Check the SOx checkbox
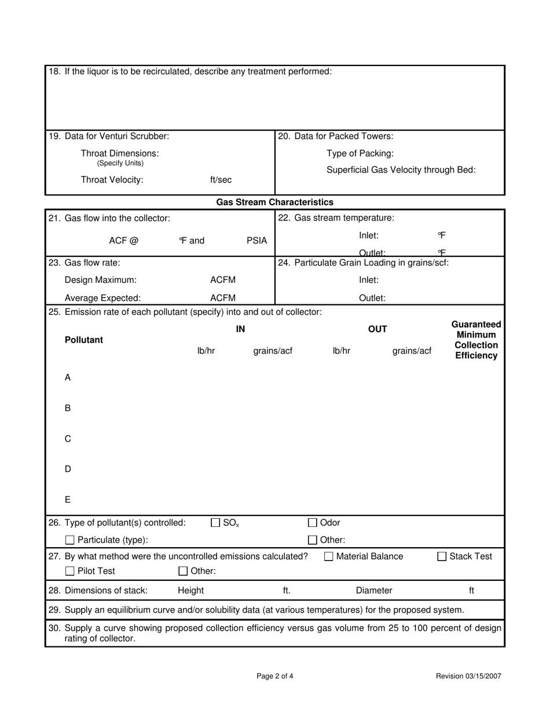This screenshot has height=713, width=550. pos(215,523)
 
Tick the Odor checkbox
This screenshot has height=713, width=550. pos(313,523)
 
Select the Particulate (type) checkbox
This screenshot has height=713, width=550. pos(70,540)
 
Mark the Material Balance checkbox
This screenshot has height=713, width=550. pos(329,556)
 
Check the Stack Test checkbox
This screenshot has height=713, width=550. pos(442,556)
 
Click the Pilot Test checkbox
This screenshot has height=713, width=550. pos(70,572)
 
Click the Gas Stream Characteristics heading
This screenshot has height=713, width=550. pos(274,202)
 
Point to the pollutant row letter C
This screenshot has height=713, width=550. pos(68,439)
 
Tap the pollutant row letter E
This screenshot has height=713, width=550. pos(68,500)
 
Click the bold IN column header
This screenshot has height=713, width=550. pos(240,329)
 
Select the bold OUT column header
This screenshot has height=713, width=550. pos(377,329)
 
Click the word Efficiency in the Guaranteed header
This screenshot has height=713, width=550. pos(476,356)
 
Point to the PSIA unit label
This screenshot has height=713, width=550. pos(256,241)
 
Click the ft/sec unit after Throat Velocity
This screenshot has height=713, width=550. pos(221,180)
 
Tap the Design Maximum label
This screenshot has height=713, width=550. pos(101,280)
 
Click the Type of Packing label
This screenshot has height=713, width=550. pos(360,154)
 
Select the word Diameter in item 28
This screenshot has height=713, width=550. pos(374,591)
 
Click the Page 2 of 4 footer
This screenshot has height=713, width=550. pos(275,676)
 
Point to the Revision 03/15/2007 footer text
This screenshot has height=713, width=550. pos(468,676)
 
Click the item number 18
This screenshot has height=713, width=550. pos(54,71)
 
